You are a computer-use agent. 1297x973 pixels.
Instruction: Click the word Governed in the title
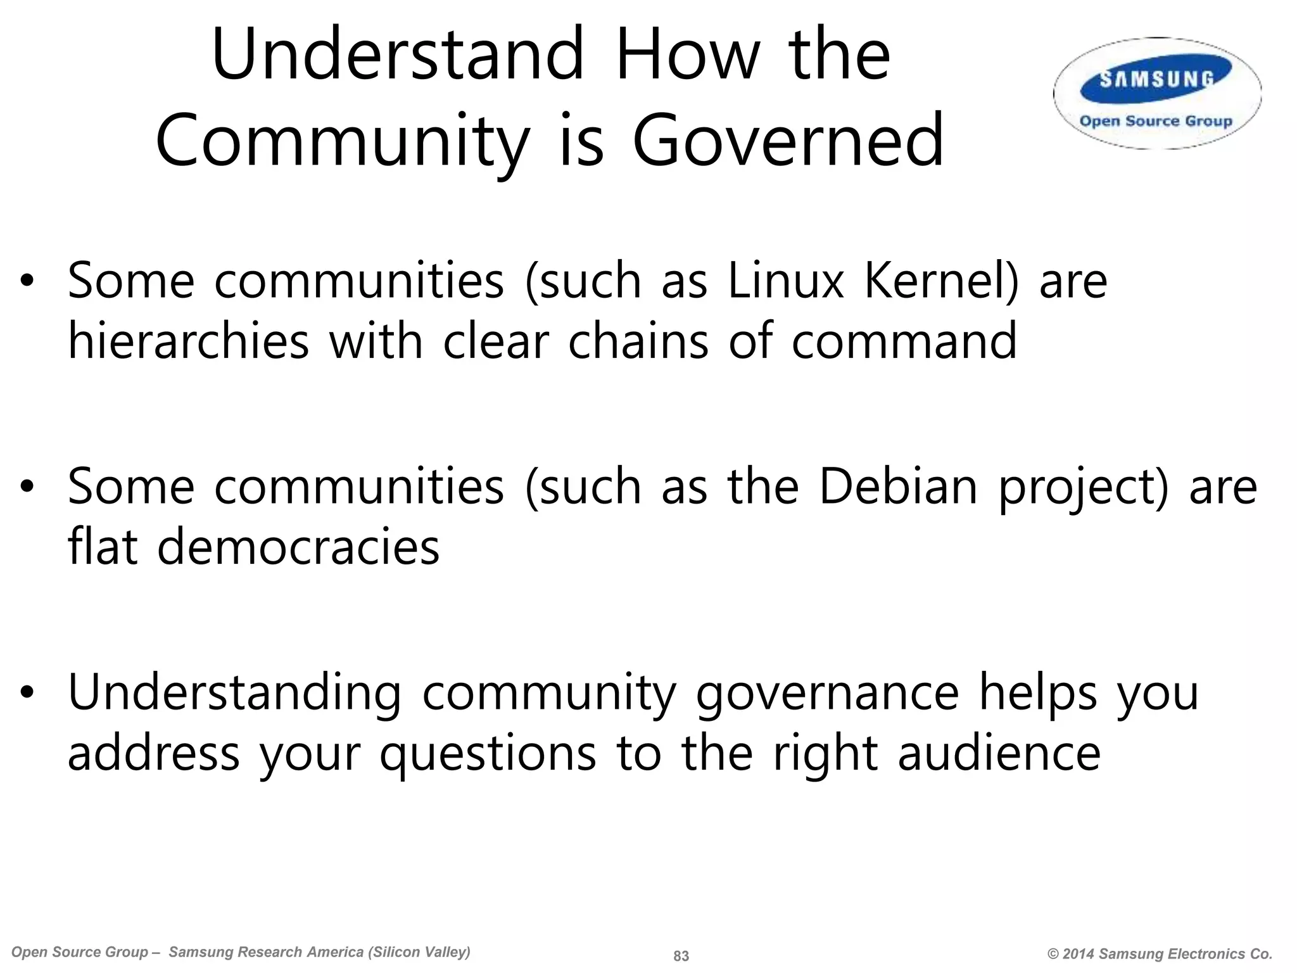(788, 140)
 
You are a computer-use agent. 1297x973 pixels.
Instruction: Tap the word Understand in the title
(398, 54)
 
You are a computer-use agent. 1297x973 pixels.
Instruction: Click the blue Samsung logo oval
(1156, 81)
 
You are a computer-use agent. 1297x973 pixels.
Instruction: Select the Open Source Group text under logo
(1156, 121)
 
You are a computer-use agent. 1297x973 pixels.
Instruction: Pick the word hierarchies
(188, 341)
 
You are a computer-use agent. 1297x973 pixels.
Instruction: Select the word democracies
(298, 547)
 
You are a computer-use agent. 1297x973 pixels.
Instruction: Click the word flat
(102, 547)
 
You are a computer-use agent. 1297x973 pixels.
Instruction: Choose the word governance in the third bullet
(827, 693)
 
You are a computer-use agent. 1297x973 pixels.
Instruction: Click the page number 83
(681, 956)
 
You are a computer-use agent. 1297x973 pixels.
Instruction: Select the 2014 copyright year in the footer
(1079, 954)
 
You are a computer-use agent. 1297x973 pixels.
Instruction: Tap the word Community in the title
(342, 140)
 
